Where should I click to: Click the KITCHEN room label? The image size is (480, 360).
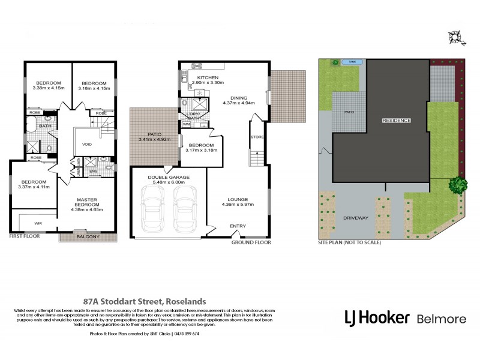207,78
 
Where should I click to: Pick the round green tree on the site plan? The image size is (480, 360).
458,185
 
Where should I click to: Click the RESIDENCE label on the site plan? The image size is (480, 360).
397,121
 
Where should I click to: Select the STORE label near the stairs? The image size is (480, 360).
257,137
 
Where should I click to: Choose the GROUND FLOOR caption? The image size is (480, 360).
251,242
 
